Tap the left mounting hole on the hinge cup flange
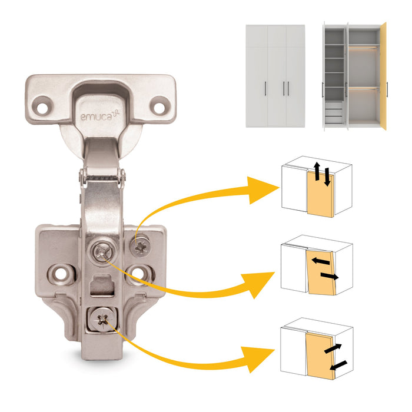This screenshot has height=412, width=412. pyautogui.click(x=42, y=107)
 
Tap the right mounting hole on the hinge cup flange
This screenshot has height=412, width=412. pyautogui.click(x=158, y=107)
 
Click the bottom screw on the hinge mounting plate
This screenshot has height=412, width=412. pyautogui.click(x=104, y=320)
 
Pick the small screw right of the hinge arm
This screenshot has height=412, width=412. pyautogui.click(x=142, y=247)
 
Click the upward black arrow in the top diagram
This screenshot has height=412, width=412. pyautogui.click(x=316, y=172)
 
